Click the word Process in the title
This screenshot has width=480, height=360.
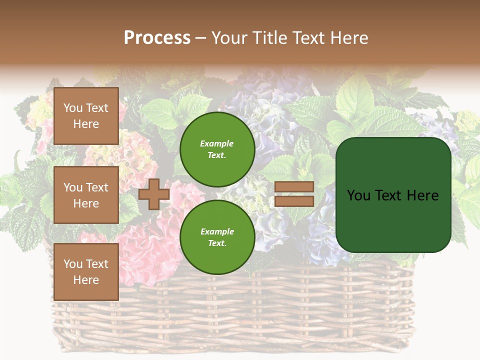pos(157,38)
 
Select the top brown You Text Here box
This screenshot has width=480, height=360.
pos(86,116)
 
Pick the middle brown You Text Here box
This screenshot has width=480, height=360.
pos(86,195)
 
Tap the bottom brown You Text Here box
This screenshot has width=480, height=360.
pos(86,272)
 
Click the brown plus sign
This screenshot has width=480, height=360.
pos(153,194)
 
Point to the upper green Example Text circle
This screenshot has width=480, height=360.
pos(217,149)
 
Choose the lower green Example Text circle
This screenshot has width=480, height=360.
pos(217,237)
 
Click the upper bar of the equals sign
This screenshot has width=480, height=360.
pos(294,186)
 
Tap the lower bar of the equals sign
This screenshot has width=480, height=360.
pos(294,201)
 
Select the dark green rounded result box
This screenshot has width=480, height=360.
pos(393,195)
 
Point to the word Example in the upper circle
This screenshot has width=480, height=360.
pos(217,144)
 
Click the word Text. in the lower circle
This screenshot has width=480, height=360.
pos(217,243)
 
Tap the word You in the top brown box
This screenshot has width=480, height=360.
pos(73,108)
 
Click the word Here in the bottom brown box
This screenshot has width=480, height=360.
pos(86,280)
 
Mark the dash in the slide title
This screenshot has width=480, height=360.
pos(201,38)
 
